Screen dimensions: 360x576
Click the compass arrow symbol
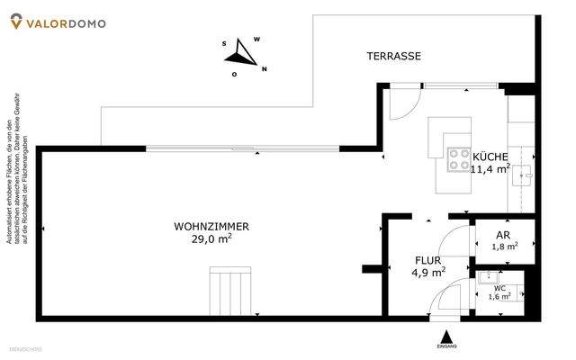pyautogui.click(x=240, y=51)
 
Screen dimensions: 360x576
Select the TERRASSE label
pyautogui.click(x=393, y=56)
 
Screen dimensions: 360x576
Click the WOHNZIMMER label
pyautogui.click(x=211, y=227)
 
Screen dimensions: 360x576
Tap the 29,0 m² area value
pyautogui.click(x=211, y=239)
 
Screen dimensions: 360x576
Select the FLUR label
pyautogui.click(x=427, y=259)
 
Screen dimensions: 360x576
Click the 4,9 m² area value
pyautogui.click(x=428, y=272)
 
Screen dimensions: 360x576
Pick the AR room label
pyautogui.click(x=503, y=234)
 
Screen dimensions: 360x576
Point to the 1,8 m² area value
pyautogui.click(x=505, y=246)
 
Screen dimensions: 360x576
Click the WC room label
pyautogui.click(x=499, y=288)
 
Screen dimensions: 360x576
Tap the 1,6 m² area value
pyautogui.click(x=499, y=296)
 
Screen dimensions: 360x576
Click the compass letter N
pyautogui.click(x=265, y=68)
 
